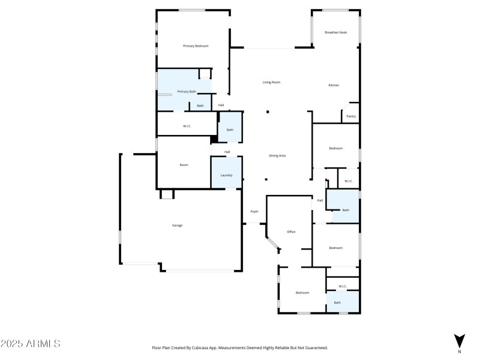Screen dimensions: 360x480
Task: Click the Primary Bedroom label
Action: click(196, 46)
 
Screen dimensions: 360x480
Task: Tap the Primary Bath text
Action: click(186, 92)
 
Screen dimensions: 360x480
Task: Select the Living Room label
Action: click(271, 82)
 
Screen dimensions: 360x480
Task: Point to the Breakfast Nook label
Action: click(335, 32)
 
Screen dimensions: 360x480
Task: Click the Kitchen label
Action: click(334, 85)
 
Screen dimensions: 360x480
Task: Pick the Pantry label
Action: click(351, 116)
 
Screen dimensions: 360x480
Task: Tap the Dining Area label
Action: click(277, 156)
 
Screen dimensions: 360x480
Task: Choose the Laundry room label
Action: click(226, 175)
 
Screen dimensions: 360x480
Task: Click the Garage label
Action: click(177, 226)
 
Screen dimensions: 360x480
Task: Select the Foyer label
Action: click(254, 212)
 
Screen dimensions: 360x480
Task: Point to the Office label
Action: click(291, 232)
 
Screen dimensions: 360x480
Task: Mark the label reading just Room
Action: click(184, 165)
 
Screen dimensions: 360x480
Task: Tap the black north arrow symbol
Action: click(459, 340)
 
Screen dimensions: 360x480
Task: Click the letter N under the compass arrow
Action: click(459, 352)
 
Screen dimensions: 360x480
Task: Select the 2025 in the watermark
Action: click(11, 344)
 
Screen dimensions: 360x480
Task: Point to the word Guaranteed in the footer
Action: click(315, 347)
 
